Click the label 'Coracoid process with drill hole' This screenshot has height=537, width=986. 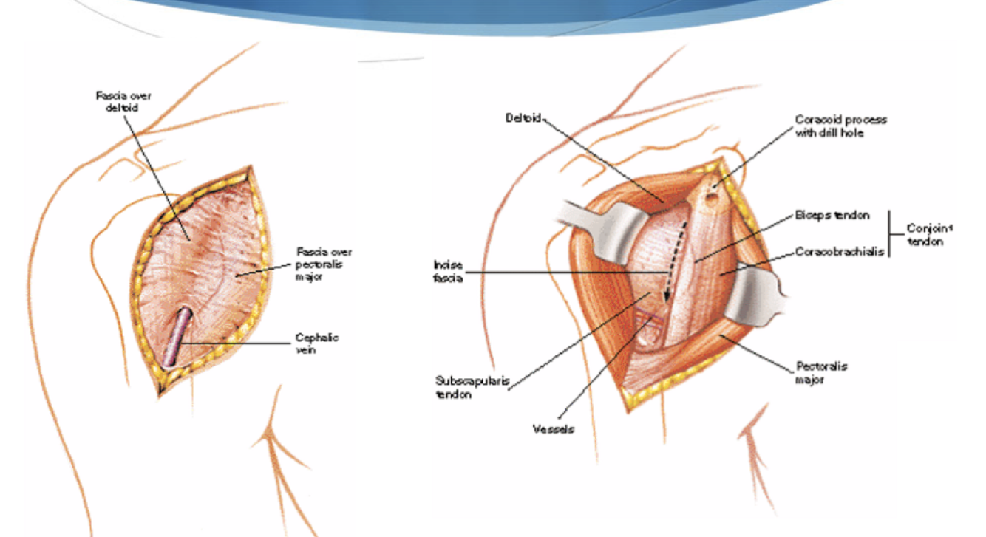coord(840,126)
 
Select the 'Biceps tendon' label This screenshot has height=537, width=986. coord(832,216)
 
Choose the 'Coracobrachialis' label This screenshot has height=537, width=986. coord(839,251)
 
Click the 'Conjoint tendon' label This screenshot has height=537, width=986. coord(925,235)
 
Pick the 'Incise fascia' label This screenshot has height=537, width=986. coord(449,272)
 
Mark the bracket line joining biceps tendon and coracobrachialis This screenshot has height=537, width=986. coord(890,234)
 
